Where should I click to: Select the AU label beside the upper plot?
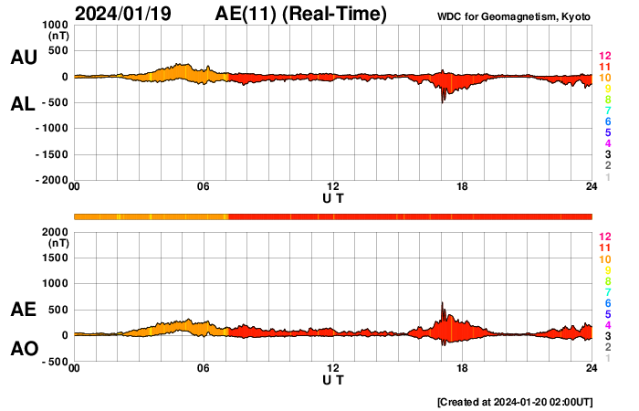[24, 58]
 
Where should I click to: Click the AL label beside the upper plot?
[24, 104]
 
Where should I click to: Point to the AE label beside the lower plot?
[24, 311]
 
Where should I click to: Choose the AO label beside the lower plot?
[24, 349]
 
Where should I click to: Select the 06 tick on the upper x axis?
[204, 187]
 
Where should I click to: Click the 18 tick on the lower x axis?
[463, 369]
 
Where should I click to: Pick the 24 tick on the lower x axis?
[592, 369]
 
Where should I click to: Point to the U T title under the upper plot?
[333, 197]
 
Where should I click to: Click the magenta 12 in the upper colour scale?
[604, 57]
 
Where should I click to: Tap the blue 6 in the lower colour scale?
[607, 302]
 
